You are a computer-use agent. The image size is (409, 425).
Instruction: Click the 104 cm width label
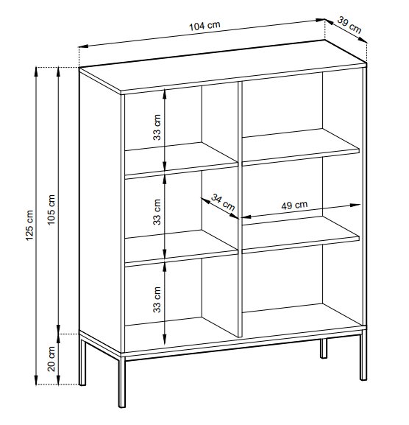coord(204,26)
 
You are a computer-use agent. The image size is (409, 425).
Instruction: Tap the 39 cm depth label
coord(349,25)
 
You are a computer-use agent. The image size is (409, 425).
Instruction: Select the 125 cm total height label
coord(29,225)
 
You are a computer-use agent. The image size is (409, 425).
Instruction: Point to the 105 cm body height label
coord(51,209)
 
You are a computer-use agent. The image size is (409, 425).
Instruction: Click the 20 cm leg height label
coord(51,359)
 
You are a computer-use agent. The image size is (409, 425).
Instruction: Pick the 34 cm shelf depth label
coord(223,203)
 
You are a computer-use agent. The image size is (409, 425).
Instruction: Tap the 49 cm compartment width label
coord(294,206)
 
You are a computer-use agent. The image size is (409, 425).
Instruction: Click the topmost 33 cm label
coord(157,127)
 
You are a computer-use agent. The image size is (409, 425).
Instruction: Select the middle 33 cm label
coord(157,212)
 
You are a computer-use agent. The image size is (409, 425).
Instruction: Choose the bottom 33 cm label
coord(157,300)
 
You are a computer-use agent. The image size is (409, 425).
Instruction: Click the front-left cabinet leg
coord(122,383)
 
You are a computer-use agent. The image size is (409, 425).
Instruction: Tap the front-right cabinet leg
coord(363,357)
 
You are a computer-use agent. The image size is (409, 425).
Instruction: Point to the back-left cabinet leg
coord(82,362)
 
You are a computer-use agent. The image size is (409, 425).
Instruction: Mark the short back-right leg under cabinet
coord(324,348)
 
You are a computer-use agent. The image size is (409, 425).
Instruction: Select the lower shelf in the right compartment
coord(300,235)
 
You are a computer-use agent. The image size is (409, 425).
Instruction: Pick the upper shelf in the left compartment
coord(181,161)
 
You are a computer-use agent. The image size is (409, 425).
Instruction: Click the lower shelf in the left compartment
coord(181,248)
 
